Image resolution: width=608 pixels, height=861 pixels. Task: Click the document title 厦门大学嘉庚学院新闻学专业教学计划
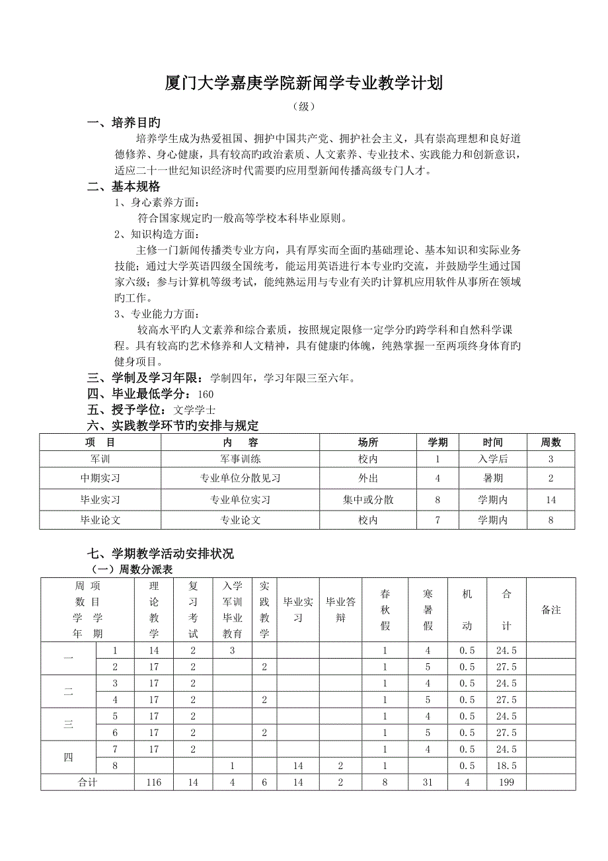click(x=303, y=84)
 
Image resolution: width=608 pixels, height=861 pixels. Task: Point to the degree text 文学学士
click(x=194, y=410)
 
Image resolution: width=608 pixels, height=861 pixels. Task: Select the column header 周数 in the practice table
click(x=551, y=442)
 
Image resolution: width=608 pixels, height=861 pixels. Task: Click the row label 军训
click(x=100, y=459)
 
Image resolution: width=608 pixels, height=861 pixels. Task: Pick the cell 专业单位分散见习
click(x=240, y=478)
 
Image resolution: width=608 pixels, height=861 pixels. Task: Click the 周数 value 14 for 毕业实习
click(x=551, y=500)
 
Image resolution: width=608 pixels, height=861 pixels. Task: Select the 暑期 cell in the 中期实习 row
click(x=493, y=478)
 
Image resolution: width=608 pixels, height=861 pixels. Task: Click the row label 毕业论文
click(x=100, y=520)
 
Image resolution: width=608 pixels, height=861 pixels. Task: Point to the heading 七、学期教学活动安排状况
click(x=161, y=553)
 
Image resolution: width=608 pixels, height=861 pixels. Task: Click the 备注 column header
click(x=551, y=610)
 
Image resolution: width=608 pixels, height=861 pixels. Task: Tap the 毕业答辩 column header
click(x=342, y=610)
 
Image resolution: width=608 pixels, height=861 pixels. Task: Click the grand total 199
click(x=506, y=782)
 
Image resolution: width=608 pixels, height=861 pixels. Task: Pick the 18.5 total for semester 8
click(x=506, y=766)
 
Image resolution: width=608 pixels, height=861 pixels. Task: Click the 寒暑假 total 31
click(x=428, y=782)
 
